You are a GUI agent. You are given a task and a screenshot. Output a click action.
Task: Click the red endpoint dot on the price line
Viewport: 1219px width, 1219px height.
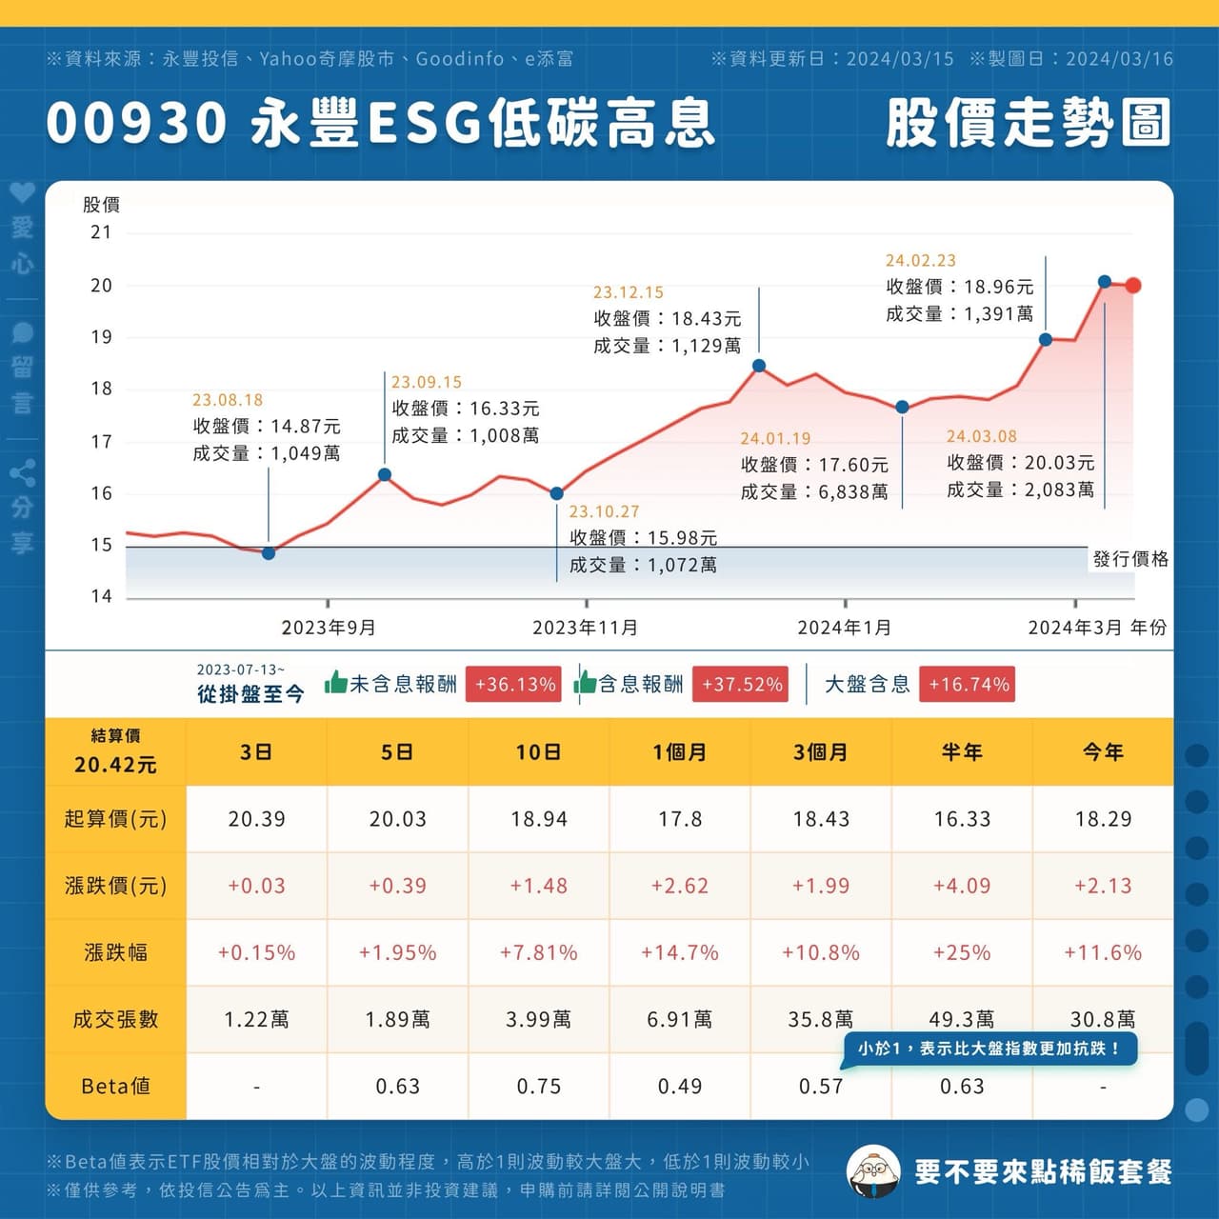pos(1132,286)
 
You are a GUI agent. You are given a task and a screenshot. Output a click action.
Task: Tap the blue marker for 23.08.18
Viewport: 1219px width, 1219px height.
pos(269,553)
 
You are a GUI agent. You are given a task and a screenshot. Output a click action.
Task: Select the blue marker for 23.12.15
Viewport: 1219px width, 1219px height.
pos(759,366)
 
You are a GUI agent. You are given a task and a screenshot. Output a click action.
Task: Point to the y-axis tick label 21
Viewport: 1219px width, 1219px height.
pos(101,232)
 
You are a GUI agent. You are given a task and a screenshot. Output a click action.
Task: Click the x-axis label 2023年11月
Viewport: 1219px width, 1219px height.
pos(585,628)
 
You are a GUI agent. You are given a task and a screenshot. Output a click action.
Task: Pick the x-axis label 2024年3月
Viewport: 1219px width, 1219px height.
pos(1075,628)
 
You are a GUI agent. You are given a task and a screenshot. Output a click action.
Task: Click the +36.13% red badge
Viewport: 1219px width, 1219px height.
pos(514,685)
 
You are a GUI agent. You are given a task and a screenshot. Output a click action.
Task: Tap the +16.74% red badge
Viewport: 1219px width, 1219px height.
pos(968,685)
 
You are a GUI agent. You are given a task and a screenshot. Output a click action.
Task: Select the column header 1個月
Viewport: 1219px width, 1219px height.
pos(680,752)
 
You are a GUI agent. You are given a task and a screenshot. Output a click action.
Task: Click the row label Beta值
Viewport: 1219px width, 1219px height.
pos(115,1086)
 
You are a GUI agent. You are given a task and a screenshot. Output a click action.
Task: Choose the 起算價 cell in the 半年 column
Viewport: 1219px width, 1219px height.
pos(962,819)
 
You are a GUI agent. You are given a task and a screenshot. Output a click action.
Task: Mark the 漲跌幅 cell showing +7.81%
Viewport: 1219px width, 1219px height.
pos(539,952)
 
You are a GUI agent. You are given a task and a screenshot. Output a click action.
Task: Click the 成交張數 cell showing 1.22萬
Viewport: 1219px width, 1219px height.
pos(256,1019)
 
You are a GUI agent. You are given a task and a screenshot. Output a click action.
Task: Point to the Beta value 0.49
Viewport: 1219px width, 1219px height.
pos(680,1086)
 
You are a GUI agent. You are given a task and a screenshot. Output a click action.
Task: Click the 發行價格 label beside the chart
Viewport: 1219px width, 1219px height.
pos(1130,559)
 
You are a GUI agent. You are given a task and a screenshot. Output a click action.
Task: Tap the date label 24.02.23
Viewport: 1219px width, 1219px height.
pos(920,261)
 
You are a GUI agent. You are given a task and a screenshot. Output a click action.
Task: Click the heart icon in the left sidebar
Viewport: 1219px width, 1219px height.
pos(22,193)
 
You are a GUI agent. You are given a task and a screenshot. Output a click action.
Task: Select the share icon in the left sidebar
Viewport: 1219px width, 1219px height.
pos(22,472)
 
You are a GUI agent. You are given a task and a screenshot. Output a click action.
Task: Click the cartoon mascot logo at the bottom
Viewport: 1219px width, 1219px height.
pos(872,1170)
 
